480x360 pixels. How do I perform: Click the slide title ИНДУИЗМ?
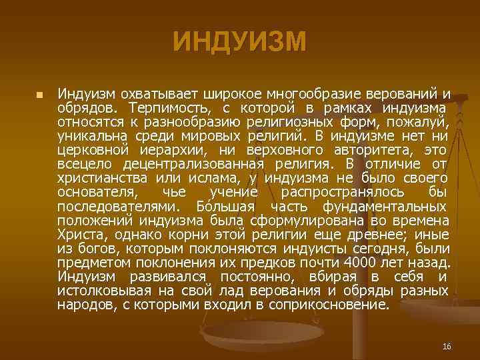click(240, 41)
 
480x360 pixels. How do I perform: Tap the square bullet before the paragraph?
click(39, 95)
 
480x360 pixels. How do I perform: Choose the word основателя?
click(97, 193)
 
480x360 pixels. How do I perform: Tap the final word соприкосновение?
click(327, 305)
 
